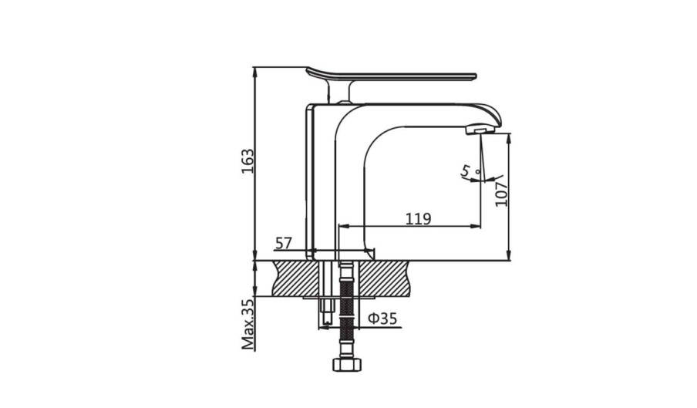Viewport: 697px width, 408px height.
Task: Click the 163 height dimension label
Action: (247, 161)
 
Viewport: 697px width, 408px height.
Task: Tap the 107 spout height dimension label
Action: (501, 194)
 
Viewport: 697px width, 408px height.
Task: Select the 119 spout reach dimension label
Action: (419, 219)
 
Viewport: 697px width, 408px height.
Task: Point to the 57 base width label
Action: (284, 244)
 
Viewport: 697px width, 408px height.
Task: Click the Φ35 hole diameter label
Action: (382, 319)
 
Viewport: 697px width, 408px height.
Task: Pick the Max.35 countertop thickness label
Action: (247, 324)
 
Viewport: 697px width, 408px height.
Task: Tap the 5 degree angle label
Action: (466, 170)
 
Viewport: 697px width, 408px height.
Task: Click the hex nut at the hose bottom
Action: (347, 365)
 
